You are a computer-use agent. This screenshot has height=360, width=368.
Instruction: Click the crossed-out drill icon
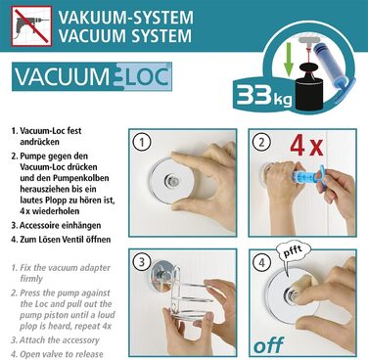pyautogui.click(x=31, y=25)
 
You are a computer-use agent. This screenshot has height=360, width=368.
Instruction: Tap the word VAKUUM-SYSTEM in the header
pyautogui.click(x=125, y=17)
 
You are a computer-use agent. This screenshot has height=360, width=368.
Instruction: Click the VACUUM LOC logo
pyautogui.click(x=92, y=77)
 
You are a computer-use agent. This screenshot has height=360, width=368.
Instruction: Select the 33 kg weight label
pyautogui.click(x=264, y=96)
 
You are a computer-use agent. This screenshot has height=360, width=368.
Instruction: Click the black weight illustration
pyautogui.click(x=310, y=86)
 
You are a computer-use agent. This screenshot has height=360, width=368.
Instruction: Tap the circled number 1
pyautogui.click(x=141, y=142)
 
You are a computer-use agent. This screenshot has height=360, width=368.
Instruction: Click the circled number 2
pyautogui.click(x=261, y=142)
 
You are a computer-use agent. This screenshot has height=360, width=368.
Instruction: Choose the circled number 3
pyautogui.click(x=141, y=262)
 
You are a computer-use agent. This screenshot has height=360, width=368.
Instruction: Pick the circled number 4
pyautogui.click(x=262, y=262)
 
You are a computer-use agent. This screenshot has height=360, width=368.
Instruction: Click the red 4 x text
pyautogui.click(x=306, y=146)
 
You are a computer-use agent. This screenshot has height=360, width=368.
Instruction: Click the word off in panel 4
pyautogui.click(x=268, y=345)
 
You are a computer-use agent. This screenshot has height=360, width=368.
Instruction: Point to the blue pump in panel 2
pyautogui.click(x=305, y=177)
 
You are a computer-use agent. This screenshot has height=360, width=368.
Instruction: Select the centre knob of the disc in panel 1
pyautogui.click(x=170, y=179)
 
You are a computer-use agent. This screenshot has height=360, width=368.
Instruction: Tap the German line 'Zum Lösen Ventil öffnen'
pyautogui.click(x=61, y=240)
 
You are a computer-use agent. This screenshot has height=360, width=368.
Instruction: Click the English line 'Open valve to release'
pyautogui.click(x=58, y=354)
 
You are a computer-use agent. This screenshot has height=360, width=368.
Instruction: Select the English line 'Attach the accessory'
pyautogui.click(x=56, y=340)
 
